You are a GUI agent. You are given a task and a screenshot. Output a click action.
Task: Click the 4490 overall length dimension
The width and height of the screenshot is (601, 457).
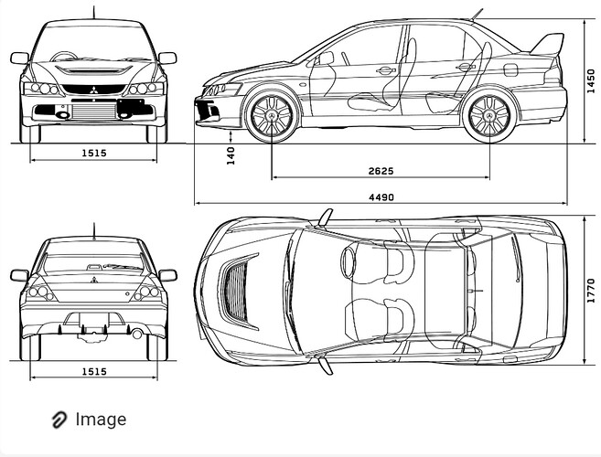(381, 197)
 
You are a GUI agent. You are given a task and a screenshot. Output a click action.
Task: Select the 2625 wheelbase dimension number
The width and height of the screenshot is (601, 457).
(381, 171)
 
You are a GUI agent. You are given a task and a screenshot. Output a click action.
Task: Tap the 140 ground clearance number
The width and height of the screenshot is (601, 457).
(231, 155)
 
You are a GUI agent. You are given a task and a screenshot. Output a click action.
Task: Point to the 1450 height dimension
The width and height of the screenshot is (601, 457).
(591, 80)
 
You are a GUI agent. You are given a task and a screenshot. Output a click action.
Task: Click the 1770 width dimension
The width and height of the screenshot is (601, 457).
(591, 291)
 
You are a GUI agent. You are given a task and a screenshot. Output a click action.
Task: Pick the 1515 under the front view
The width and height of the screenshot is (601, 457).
(94, 154)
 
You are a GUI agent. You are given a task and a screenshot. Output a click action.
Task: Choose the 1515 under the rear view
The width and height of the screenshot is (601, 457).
(94, 372)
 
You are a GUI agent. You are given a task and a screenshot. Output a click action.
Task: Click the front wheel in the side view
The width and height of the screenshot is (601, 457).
(272, 115)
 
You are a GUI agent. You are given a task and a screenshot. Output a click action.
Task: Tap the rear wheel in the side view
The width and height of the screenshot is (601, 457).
(489, 115)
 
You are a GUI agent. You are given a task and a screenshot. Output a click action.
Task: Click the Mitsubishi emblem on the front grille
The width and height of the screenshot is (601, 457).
(93, 90)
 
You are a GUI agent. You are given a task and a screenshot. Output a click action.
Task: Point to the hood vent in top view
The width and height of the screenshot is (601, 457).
(239, 292)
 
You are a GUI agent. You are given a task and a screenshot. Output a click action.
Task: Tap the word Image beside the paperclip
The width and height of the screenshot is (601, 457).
(101, 420)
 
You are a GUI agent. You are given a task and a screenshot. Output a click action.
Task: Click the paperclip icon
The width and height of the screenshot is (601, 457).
(59, 420)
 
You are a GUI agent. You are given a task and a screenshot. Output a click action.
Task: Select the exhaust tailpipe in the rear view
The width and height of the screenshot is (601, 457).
(136, 334)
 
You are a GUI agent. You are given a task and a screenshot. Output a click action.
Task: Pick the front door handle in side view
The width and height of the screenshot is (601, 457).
(386, 70)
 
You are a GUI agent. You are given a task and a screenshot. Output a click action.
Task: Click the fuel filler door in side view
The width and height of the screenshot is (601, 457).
(510, 69)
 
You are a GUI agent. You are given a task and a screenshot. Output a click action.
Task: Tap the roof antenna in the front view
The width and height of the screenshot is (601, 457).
(93, 12)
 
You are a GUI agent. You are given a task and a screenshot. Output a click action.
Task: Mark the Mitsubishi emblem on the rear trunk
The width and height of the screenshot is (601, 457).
(94, 280)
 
